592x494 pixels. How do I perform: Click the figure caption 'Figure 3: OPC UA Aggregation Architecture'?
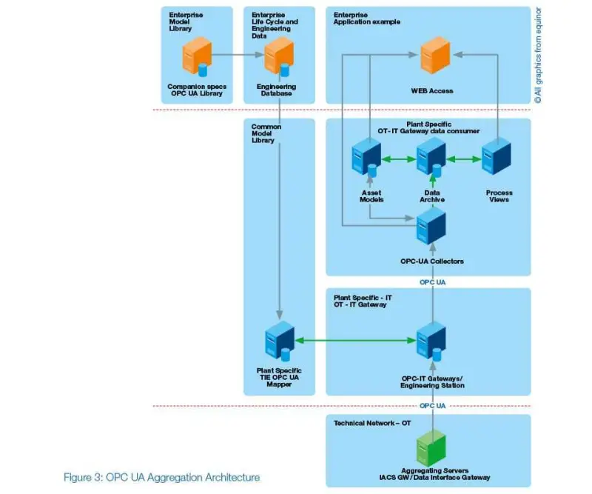click(161, 478)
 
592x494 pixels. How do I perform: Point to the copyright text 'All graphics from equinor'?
click(538, 56)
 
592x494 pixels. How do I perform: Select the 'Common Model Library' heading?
click(266, 133)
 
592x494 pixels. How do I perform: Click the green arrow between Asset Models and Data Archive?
click(397, 158)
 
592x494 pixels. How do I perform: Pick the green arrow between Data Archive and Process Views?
click(462, 158)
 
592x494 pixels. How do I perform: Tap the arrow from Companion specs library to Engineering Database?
click(236, 54)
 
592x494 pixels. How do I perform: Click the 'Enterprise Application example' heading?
click(367, 18)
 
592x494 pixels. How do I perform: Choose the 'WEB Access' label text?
click(432, 91)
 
